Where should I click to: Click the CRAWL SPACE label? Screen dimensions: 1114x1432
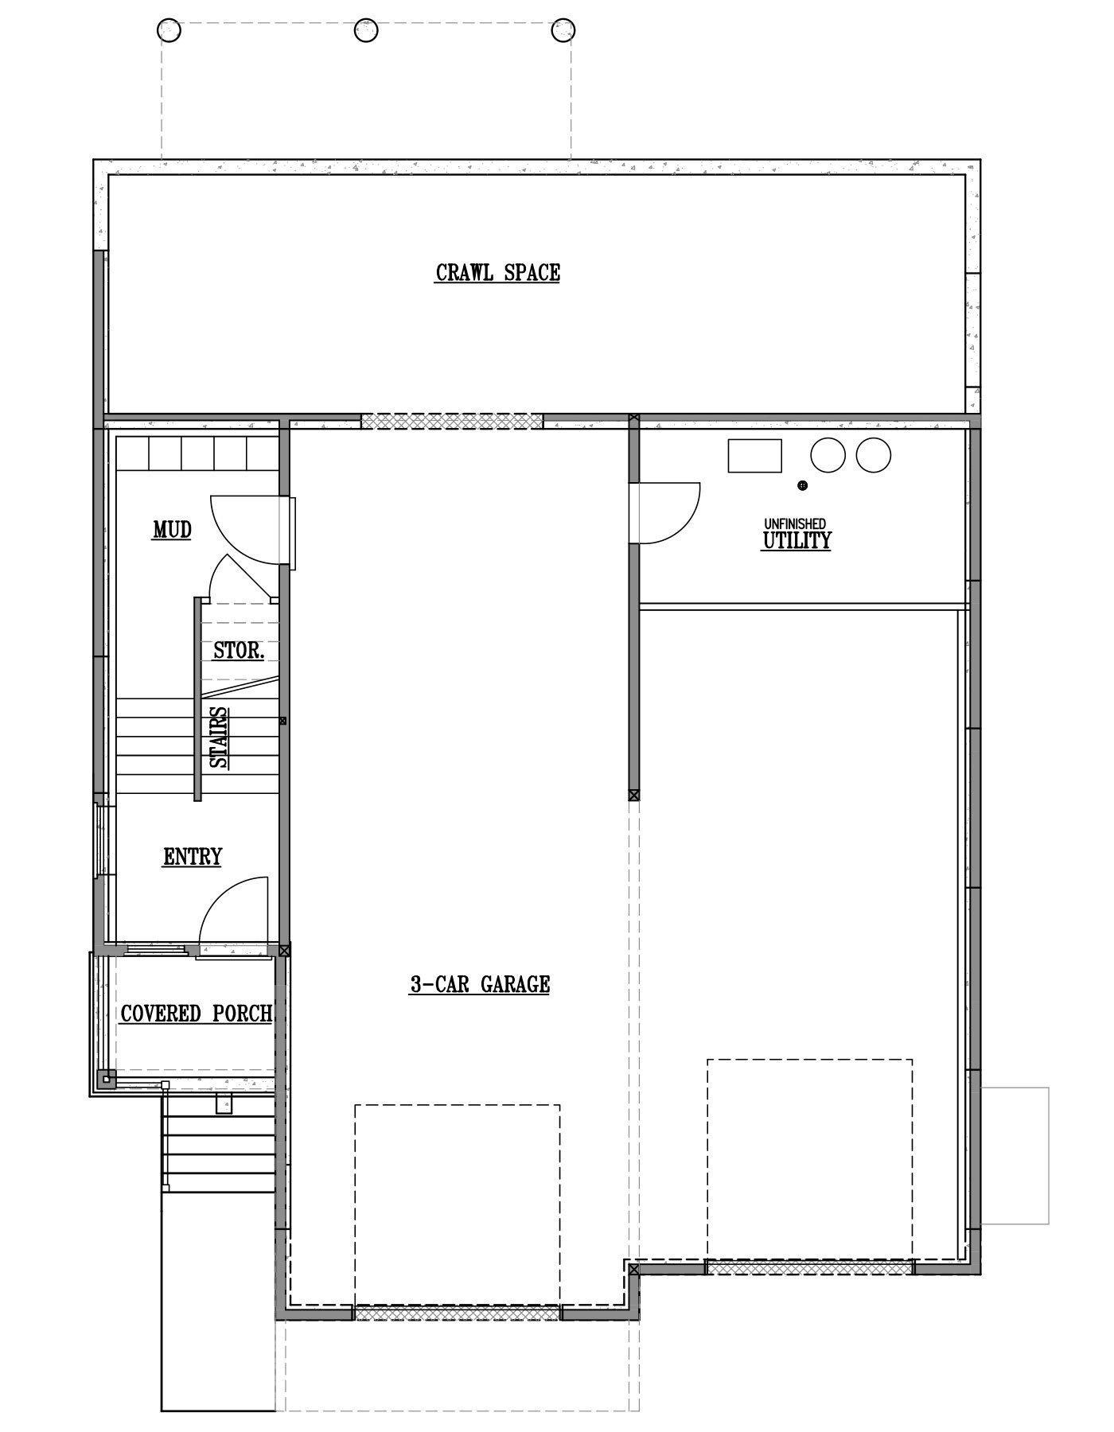(497, 273)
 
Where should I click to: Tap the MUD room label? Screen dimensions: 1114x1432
(172, 530)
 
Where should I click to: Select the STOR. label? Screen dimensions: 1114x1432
(239, 651)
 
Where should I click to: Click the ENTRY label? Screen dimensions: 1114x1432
(193, 857)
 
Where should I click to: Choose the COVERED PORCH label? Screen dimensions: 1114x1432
(197, 1014)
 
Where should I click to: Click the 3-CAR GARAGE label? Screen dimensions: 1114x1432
(480, 985)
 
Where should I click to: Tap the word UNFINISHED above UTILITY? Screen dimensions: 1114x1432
(795, 523)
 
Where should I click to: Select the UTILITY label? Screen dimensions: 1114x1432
(797, 541)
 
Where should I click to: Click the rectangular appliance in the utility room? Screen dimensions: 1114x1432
(754, 456)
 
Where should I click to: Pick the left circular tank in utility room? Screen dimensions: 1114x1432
(828, 455)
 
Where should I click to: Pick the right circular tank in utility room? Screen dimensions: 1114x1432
(873, 455)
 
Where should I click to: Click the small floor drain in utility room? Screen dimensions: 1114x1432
(802, 485)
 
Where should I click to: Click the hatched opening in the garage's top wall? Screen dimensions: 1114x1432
(452, 421)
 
